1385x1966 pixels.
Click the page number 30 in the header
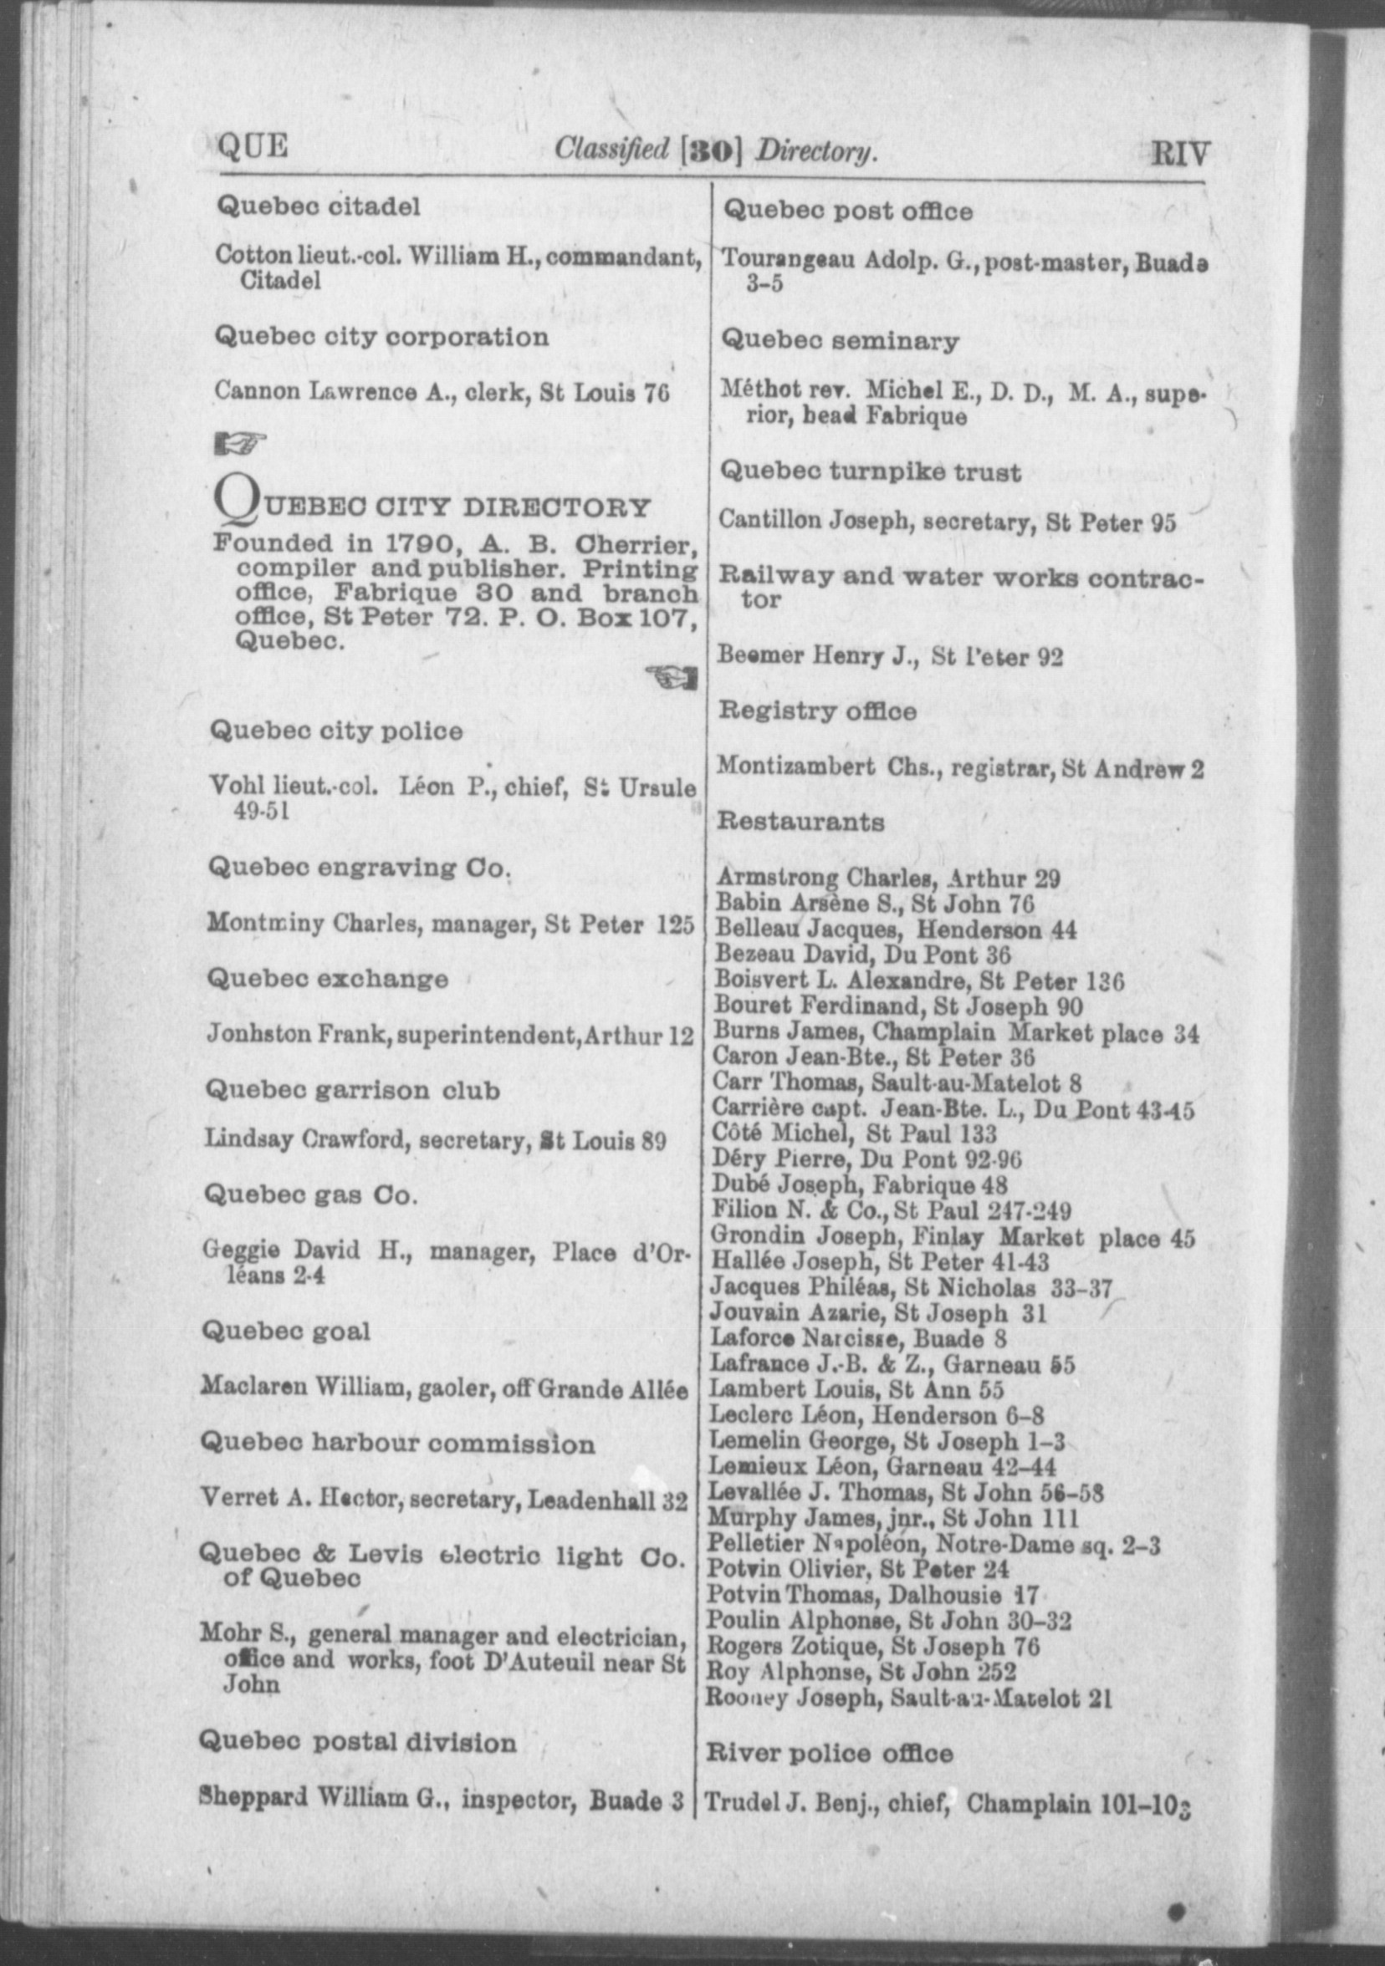pyautogui.click(x=710, y=151)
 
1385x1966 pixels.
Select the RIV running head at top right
pyautogui.click(x=1180, y=154)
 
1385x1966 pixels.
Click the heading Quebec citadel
pyautogui.click(x=319, y=206)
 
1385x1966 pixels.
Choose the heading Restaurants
pyautogui.click(x=800, y=821)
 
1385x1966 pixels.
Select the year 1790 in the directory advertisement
pyautogui.click(x=418, y=542)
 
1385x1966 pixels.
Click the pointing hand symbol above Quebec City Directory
pyautogui.click(x=239, y=442)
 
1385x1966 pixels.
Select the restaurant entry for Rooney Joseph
pyautogui.click(x=907, y=1697)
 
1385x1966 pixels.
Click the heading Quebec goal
pyautogui.click(x=285, y=1332)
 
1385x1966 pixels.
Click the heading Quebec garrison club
pyautogui.click(x=352, y=1091)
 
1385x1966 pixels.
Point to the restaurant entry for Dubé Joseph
pyautogui.click(x=860, y=1185)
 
